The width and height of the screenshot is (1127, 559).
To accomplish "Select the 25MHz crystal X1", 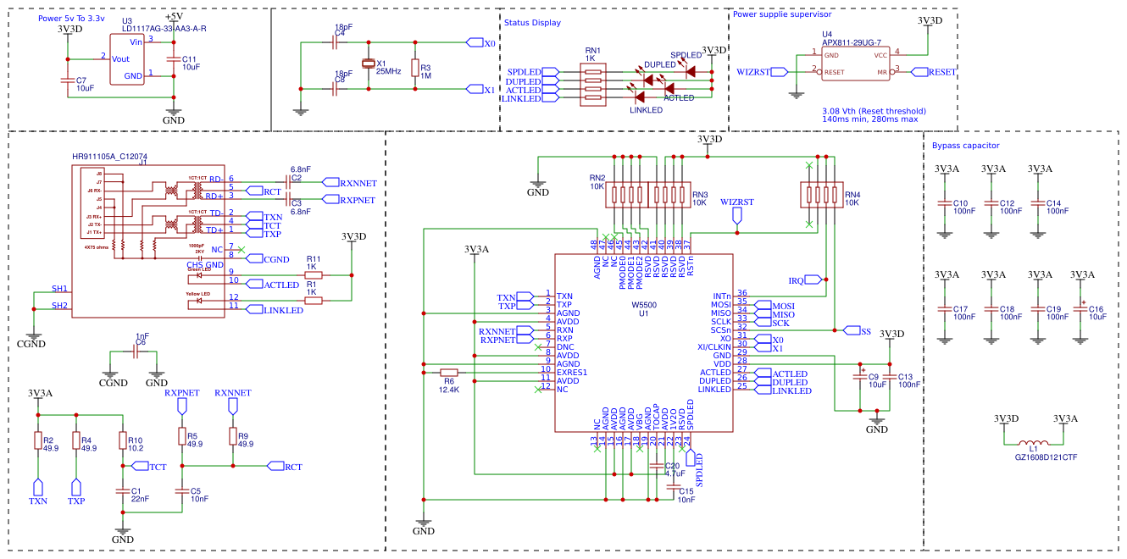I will (368, 64).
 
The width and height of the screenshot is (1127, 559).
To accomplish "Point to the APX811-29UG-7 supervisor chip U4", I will (856, 64).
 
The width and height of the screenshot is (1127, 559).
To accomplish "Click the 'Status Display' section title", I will (532, 23).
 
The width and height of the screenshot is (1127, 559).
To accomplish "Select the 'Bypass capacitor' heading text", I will (965, 146).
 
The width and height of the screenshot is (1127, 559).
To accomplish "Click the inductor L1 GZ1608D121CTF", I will (1033, 444).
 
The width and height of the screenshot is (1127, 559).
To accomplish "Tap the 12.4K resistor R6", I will (449, 372).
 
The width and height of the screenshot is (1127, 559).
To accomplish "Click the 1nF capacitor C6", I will (135, 351).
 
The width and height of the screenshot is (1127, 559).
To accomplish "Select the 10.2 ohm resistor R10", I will (123, 440).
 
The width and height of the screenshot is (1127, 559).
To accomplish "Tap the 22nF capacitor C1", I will (123, 490).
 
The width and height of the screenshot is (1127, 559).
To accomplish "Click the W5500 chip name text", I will (644, 304).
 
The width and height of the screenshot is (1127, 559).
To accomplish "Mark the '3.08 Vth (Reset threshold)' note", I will (874, 111).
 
